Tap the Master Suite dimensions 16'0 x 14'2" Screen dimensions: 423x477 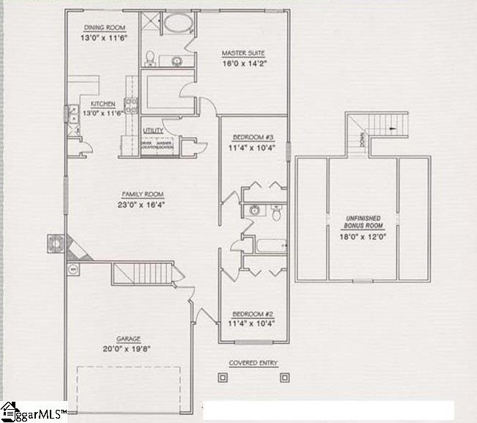243,64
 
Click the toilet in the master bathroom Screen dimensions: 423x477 149,57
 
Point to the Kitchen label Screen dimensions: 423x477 102,104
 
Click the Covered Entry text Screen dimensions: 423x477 253,362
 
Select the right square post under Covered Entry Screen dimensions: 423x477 284,378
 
